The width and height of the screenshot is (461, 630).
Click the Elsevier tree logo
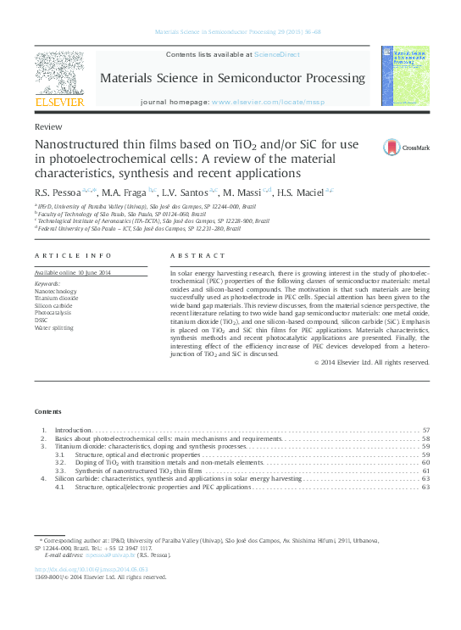tap(58, 74)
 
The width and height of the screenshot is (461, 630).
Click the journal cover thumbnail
tap(404, 74)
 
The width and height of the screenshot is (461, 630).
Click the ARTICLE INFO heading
tap(73, 255)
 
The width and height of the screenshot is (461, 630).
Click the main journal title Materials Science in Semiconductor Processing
tap(233, 78)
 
